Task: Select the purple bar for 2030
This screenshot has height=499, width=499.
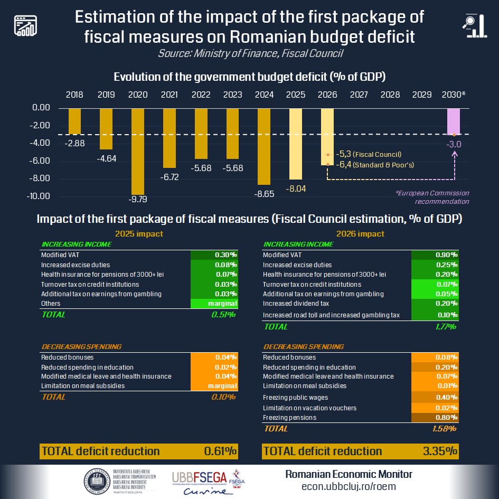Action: (x=454, y=122)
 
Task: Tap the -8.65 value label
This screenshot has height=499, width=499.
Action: (x=265, y=194)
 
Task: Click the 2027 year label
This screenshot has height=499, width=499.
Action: (x=359, y=95)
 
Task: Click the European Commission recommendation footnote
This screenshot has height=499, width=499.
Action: (x=432, y=197)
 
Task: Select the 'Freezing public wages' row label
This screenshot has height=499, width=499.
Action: (x=295, y=397)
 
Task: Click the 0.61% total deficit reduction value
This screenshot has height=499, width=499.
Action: (x=220, y=451)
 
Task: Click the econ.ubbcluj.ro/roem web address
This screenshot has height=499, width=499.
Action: (x=349, y=486)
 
